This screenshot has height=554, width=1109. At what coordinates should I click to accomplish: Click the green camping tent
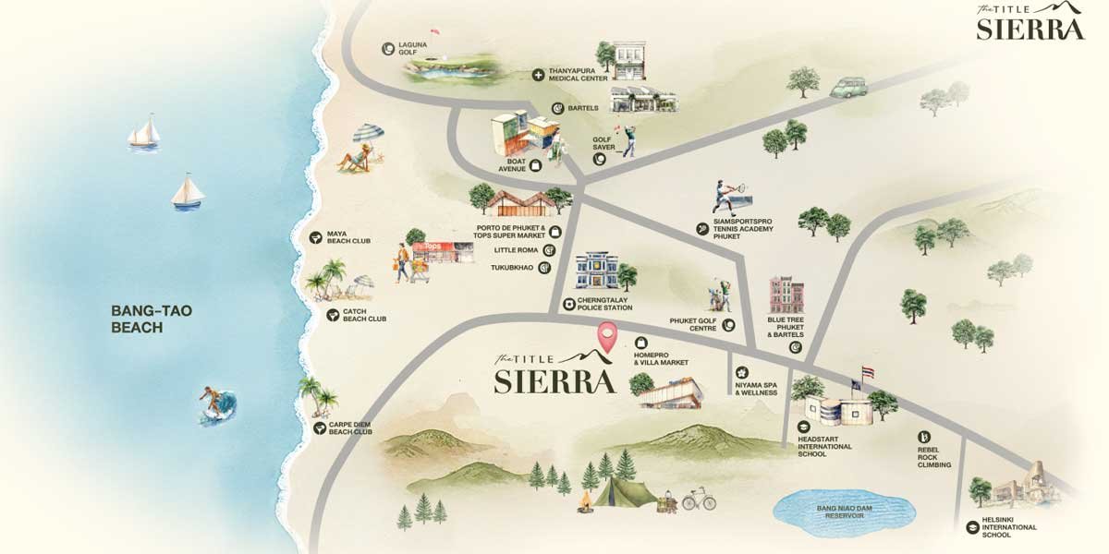click(x=624, y=491)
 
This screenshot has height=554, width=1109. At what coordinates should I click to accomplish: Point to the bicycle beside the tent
click(x=699, y=500)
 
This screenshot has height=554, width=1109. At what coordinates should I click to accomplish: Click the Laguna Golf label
click(x=408, y=48)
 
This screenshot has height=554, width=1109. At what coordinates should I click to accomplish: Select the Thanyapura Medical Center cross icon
click(x=537, y=74)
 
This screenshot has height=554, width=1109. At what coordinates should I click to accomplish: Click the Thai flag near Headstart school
click(x=866, y=372)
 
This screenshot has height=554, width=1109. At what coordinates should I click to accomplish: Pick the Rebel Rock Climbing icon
click(x=922, y=437)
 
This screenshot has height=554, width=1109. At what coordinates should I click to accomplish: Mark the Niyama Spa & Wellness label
click(x=755, y=388)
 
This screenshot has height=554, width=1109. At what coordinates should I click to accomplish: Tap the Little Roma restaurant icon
click(x=548, y=250)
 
